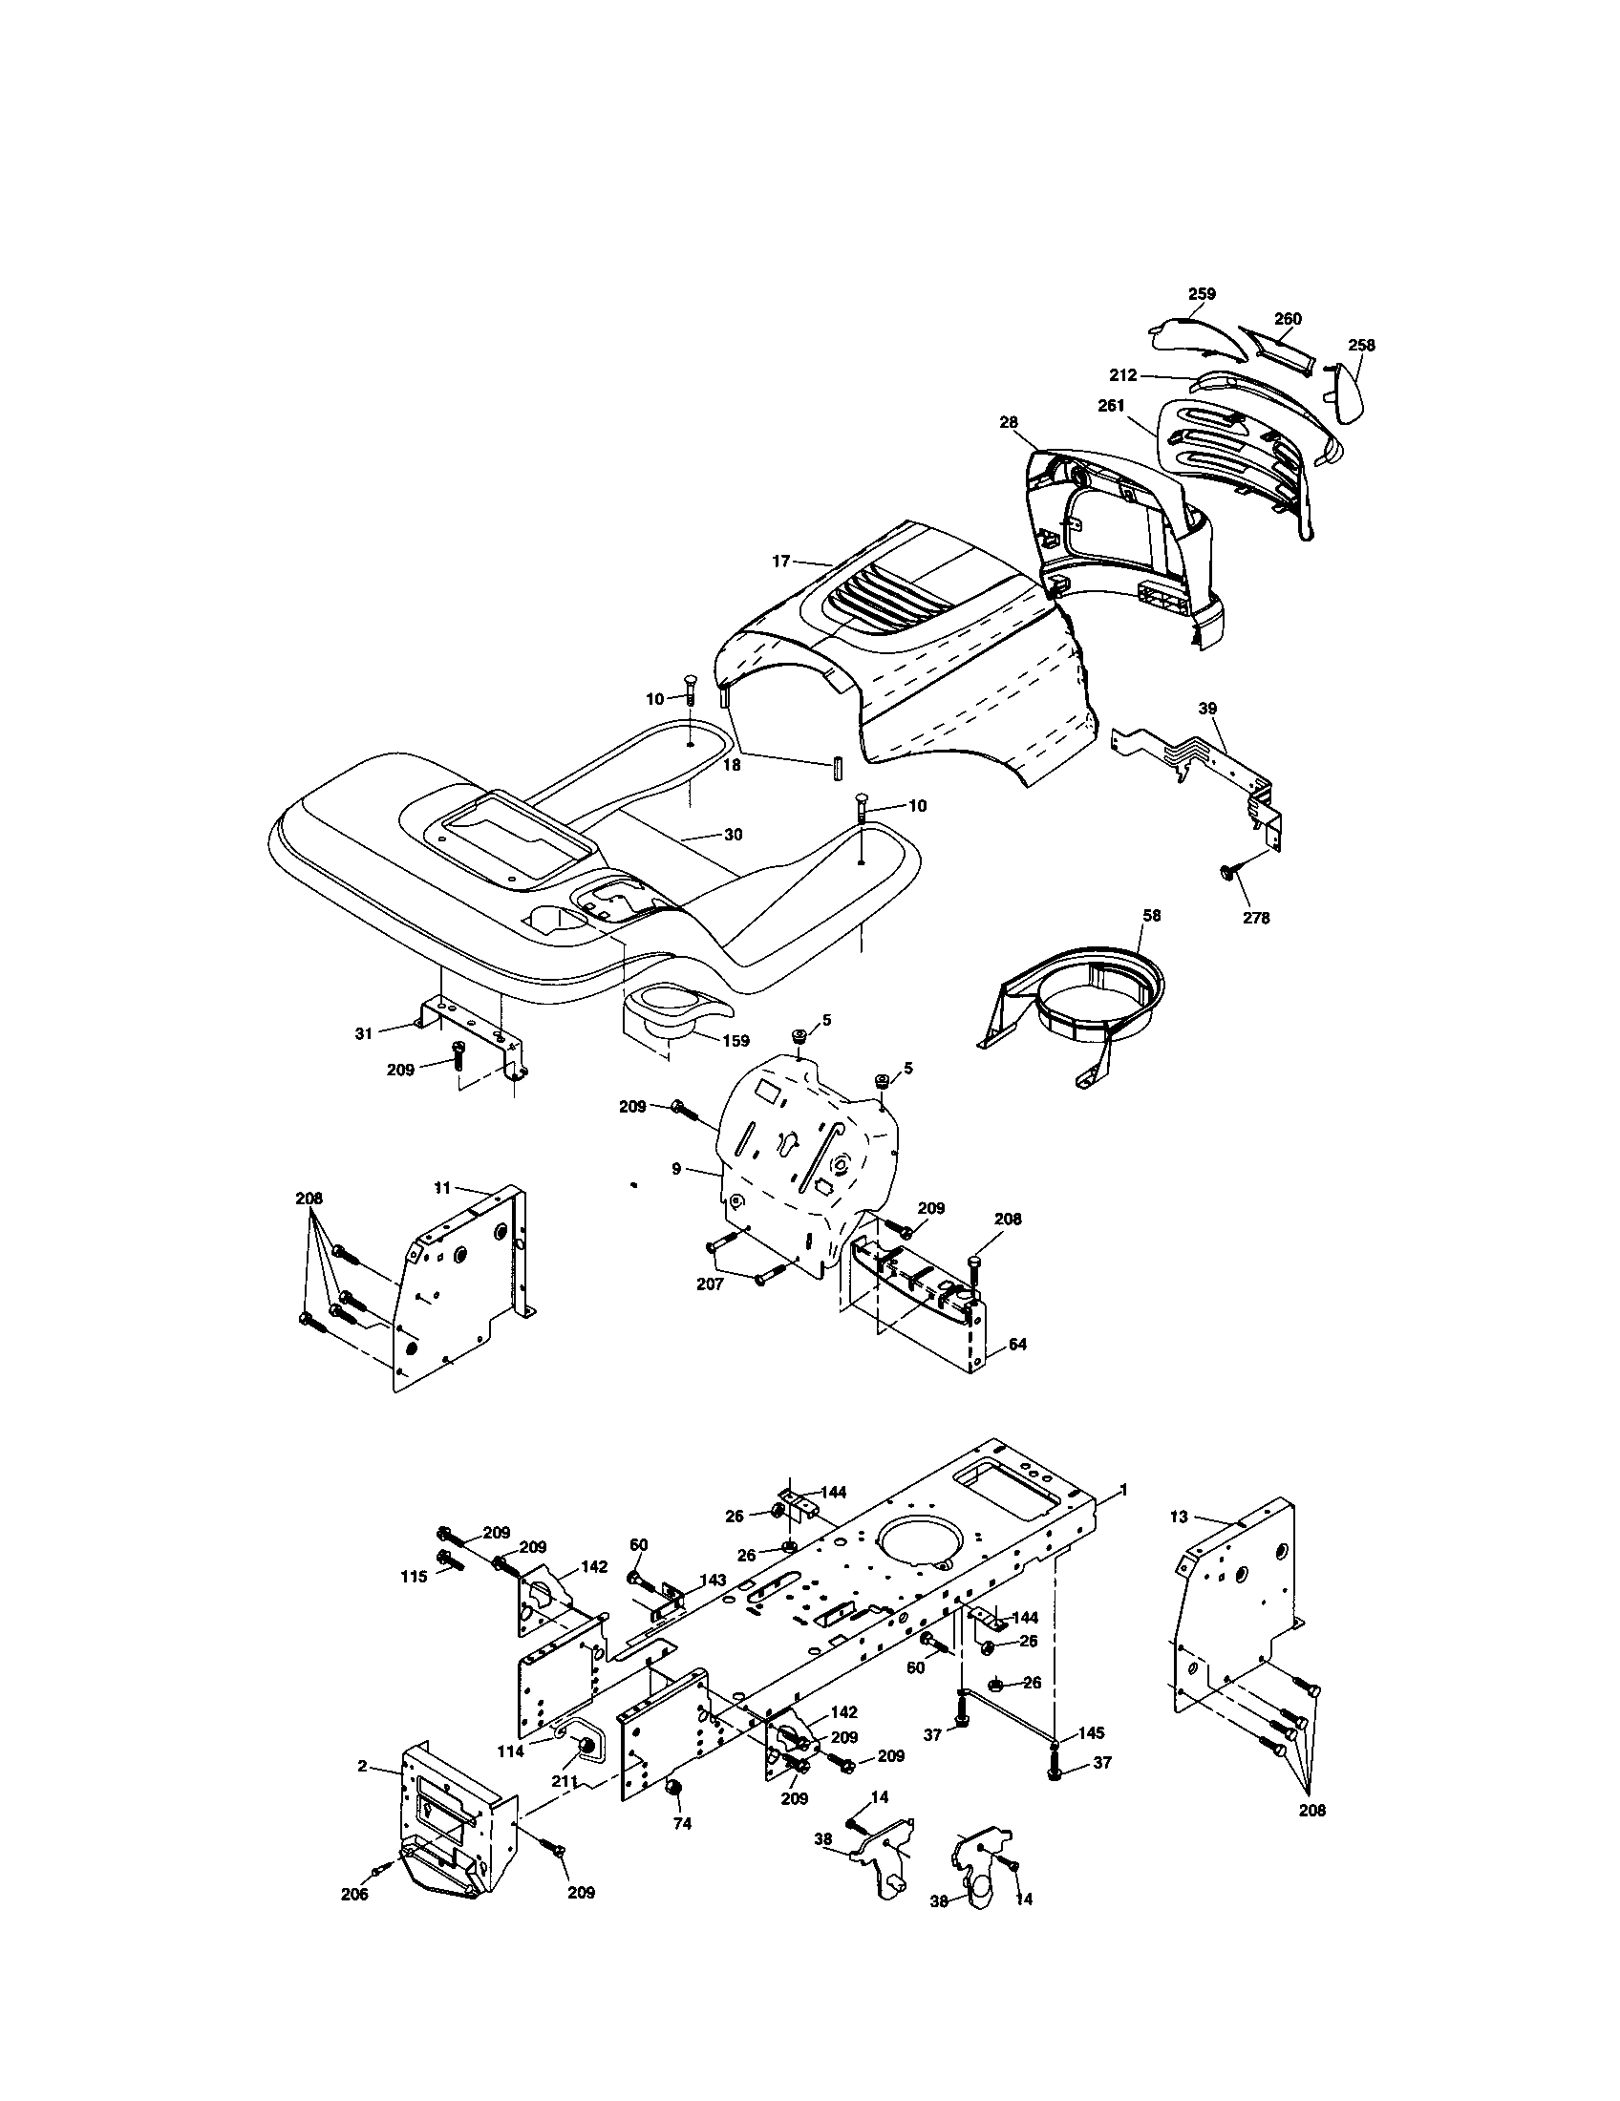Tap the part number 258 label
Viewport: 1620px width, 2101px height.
click(x=1361, y=346)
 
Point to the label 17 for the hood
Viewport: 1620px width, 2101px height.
click(x=780, y=560)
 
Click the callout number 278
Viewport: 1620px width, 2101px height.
click(x=1256, y=918)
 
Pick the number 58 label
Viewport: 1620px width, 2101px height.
click(x=1152, y=915)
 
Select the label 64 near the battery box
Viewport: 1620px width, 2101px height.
click(x=1018, y=1344)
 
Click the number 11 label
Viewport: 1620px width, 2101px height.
click(x=442, y=1188)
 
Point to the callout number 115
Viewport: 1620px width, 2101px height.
click(x=414, y=1578)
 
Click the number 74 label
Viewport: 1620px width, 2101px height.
click(x=682, y=1823)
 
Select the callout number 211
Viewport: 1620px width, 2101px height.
click(x=564, y=1781)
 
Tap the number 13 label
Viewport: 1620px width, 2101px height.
click(x=1180, y=1517)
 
